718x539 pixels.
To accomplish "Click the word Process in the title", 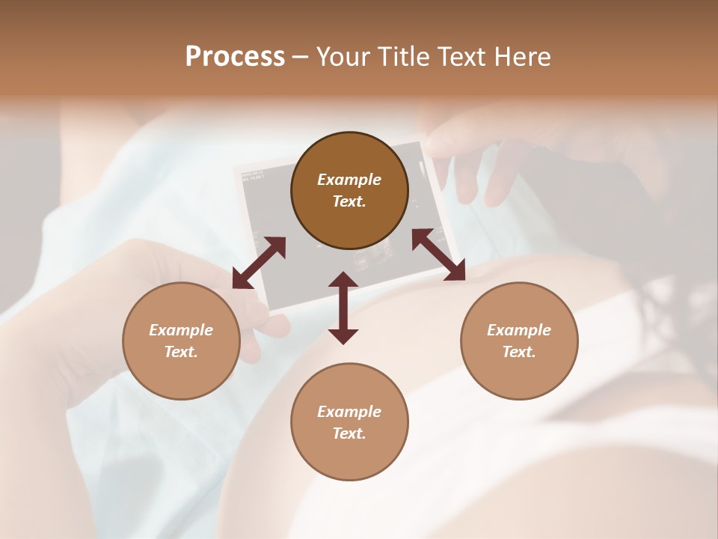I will (235, 57).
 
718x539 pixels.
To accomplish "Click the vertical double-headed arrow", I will (343, 308).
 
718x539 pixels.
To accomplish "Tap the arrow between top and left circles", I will (259, 263).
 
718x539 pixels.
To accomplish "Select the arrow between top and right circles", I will (439, 255).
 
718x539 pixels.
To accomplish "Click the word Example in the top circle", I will (349, 180).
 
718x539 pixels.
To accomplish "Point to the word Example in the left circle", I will (181, 330).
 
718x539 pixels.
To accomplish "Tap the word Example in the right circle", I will (519, 330).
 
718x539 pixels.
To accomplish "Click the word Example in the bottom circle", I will (349, 412).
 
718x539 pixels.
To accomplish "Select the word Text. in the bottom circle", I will (349, 433).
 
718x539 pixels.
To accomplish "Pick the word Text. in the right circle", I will (519, 352).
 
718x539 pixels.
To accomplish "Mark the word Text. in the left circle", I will (181, 352).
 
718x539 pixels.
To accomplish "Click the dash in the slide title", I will (301, 57).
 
